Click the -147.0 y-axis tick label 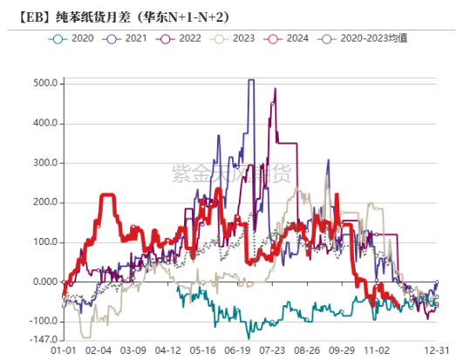point(44,340)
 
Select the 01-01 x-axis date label point(64,350)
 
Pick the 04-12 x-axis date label point(167,350)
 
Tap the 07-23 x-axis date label point(273,350)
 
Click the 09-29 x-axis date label point(342,350)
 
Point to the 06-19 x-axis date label point(238,350)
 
